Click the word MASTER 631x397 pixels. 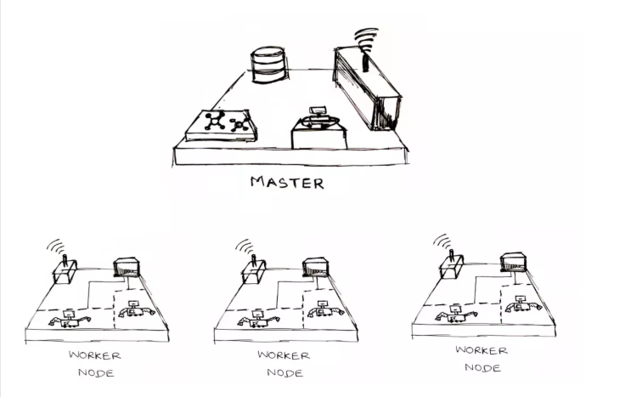(x=287, y=183)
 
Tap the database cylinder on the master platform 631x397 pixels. (x=269, y=65)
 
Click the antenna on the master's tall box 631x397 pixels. (x=365, y=60)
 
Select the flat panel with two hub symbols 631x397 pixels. (x=221, y=125)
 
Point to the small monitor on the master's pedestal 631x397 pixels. (x=318, y=111)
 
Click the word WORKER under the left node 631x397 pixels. (x=95, y=355)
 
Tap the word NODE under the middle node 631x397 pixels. (x=285, y=373)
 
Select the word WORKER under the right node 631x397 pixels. (x=482, y=350)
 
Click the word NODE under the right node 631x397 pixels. (x=482, y=367)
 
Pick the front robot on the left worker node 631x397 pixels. (x=70, y=319)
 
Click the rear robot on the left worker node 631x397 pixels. (x=134, y=309)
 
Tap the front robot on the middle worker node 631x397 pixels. (x=258, y=319)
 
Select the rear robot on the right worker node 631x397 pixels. (x=522, y=305)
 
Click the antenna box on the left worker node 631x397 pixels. (x=65, y=271)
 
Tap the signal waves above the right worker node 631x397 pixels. (x=442, y=241)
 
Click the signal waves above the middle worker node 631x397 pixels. (x=245, y=246)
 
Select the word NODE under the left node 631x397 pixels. (x=96, y=373)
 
